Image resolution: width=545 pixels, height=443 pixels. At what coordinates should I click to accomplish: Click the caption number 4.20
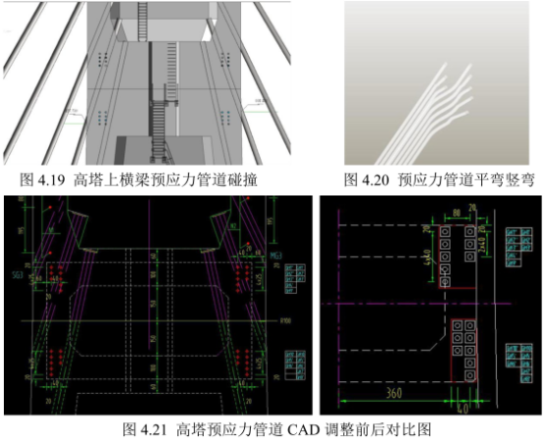click(x=378, y=180)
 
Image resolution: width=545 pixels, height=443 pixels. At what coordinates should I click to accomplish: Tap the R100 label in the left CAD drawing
click(x=286, y=320)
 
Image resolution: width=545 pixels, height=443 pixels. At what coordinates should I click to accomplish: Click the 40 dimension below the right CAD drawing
click(x=464, y=403)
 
